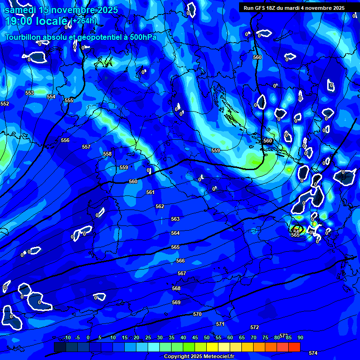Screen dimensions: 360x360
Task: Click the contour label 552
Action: coord(5,104)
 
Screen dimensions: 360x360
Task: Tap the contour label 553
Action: coord(30,93)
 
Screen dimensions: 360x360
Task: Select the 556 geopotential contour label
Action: coord(65,140)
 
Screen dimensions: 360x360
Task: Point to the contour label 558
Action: coord(107,154)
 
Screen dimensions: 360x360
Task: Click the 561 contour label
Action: coord(150,192)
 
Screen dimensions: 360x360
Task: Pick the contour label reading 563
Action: coord(175,219)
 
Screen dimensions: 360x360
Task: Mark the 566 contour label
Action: coord(180,261)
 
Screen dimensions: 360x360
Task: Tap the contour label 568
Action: coord(176,288)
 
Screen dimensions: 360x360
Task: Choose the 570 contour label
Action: coord(197,314)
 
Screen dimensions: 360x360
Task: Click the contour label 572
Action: coord(255,327)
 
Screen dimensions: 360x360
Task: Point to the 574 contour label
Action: coord(313,352)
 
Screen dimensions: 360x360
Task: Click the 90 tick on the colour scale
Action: coord(300,337)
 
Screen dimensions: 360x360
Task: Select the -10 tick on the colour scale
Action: coord(67,337)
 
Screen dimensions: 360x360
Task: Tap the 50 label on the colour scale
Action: coord(207,337)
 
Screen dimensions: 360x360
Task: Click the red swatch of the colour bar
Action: coord(294,347)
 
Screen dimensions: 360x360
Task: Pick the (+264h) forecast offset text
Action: coord(84,21)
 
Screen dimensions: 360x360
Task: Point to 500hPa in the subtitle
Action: coord(141,37)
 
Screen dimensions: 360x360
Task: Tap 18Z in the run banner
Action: coord(272,8)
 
